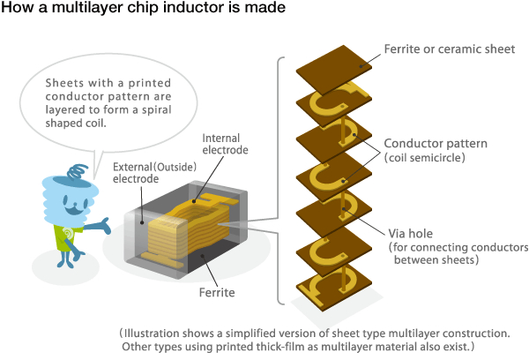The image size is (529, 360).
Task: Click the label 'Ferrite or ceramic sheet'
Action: [450, 49]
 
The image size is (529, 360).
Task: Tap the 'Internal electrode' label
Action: [225, 144]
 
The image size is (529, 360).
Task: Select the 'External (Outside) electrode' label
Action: [154, 173]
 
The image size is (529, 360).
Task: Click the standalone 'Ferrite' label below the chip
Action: [217, 292]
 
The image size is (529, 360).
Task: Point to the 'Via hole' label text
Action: [410, 233]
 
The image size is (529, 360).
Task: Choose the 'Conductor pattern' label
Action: [436, 144]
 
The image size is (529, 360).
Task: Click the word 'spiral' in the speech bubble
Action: [156, 110]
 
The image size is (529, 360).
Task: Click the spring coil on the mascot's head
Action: [78, 171]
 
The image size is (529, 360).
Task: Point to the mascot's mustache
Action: [74, 210]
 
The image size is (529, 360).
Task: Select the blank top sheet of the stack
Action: [334, 70]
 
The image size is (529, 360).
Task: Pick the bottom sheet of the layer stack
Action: [334, 287]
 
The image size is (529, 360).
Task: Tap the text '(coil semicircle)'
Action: [424, 158]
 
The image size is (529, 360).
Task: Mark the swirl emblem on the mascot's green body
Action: [69, 234]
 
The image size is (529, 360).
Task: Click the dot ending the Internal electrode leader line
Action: [194, 201]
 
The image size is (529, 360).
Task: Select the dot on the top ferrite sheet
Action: [361, 66]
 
